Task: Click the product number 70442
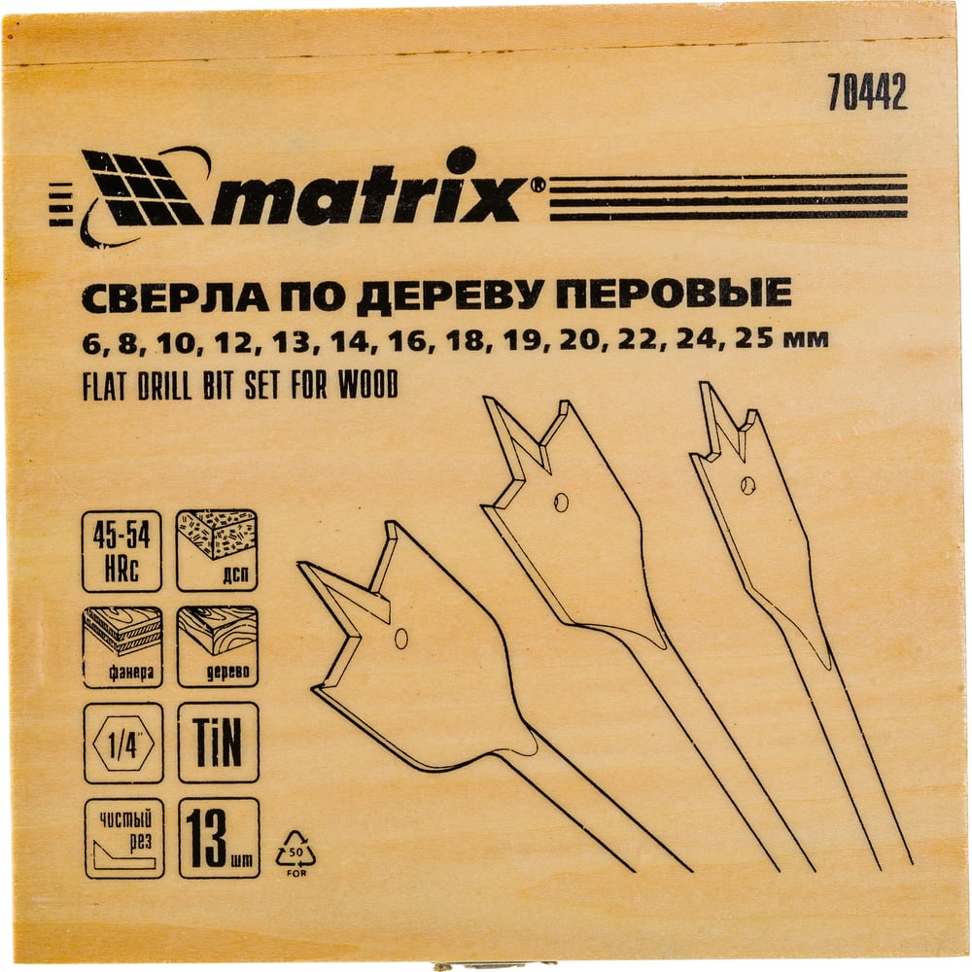867,92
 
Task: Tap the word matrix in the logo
365,191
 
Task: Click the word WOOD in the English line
367,385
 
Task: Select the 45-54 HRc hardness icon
122,551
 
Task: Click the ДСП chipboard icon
217,550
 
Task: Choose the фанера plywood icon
122,646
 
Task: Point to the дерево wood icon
218,646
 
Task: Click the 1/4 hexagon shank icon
122,743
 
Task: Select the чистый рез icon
124,838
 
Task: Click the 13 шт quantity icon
219,838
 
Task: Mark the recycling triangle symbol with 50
295,852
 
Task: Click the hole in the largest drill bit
401,638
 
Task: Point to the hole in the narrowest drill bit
748,485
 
